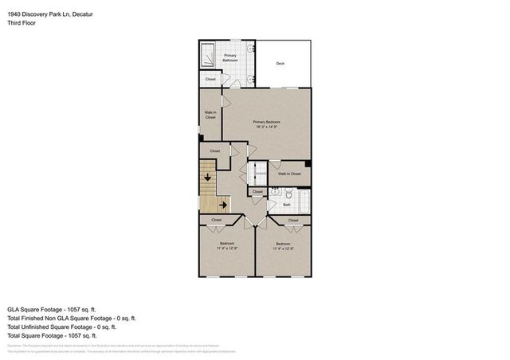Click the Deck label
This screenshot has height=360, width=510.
click(x=280, y=64)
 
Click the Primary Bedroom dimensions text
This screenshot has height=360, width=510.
click(x=268, y=127)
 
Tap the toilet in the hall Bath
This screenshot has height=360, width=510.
click(x=288, y=194)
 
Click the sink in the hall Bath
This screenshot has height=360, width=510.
click(x=275, y=192)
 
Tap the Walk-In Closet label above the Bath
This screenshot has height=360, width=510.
click(x=288, y=173)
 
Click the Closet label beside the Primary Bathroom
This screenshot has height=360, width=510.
click(x=210, y=79)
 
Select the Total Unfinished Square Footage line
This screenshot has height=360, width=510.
click(x=61, y=326)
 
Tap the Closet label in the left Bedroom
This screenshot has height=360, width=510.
click(x=216, y=220)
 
